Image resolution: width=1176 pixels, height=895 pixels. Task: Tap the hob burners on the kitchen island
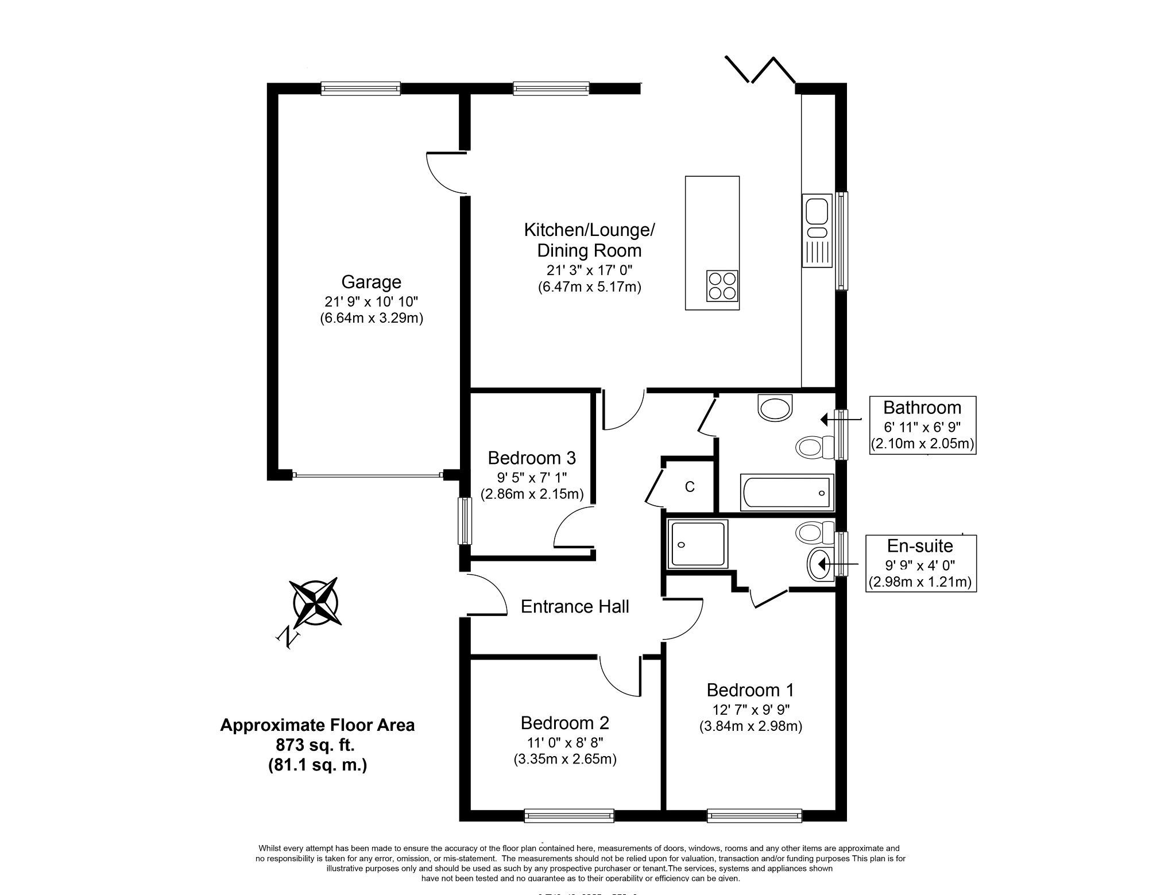(x=722, y=285)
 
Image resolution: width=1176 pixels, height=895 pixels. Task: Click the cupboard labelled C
(x=690, y=487)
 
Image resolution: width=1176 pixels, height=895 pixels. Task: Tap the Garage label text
(x=371, y=282)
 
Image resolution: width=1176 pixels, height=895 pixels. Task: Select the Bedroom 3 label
(x=532, y=458)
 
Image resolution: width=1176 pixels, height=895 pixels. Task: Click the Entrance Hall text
(x=575, y=606)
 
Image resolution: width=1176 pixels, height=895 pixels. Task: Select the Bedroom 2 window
(x=569, y=815)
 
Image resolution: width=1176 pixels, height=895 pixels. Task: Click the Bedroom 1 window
(x=754, y=815)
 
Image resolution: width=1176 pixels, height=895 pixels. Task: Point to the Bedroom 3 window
(x=465, y=521)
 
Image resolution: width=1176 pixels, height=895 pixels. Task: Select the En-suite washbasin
(x=821, y=564)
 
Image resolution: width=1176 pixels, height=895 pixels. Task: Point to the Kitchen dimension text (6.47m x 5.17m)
(x=589, y=287)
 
